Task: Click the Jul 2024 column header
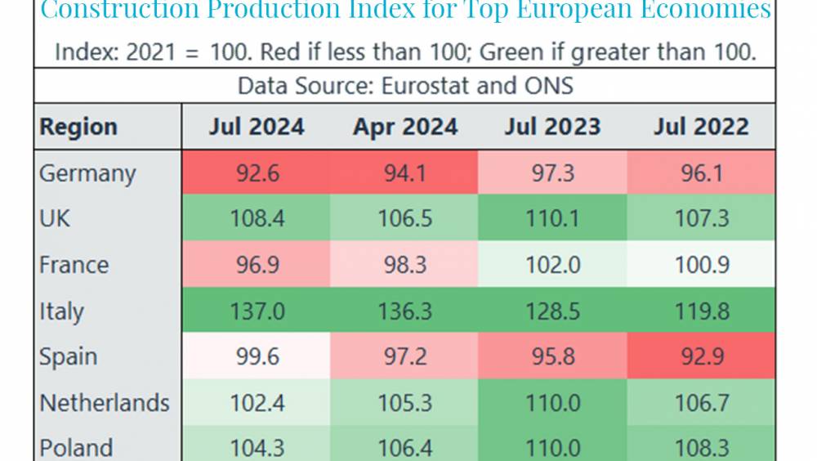(x=256, y=127)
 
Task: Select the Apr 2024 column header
(x=404, y=127)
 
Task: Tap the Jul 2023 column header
(x=552, y=127)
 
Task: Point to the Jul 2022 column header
(x=701, y=127)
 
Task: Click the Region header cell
(x=78, y=127)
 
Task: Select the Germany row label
(x=87, y=173)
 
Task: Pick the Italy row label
(x=61, y=311)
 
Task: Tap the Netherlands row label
(x=105, y=403)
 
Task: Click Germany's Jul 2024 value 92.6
(x=256, y=173)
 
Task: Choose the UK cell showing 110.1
(x=552, y=219)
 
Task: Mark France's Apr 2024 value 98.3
(x=404, y=265)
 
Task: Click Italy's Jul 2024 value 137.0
(x=256, y=311)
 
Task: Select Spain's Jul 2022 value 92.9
(x=701, y=357)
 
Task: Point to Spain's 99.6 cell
(x=256, y=357)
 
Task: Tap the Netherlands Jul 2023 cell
(x=552, y=403)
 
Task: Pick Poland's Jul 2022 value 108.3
(x=701, y=448)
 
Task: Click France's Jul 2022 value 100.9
(x=701, y=265)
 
